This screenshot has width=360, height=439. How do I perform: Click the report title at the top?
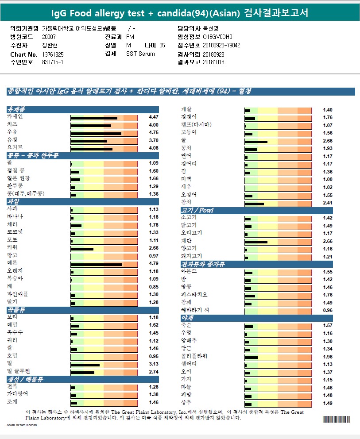point(180,13)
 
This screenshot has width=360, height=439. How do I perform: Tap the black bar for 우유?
point(96,133)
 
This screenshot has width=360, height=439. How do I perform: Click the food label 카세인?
point(15,117)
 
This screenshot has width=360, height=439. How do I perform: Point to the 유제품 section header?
point(16,109)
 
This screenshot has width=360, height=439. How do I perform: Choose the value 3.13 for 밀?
point(154,364)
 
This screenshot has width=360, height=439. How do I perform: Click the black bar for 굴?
point(256,141)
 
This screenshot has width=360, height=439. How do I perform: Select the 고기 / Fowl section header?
point(197,211)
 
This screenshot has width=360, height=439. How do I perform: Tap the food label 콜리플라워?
point(194,357)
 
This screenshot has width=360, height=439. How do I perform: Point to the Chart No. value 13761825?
point(53,54)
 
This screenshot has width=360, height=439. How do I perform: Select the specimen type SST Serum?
point(140,54)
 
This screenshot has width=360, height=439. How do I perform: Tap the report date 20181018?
point(213,62)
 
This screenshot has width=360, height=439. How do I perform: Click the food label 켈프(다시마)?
point(196,125)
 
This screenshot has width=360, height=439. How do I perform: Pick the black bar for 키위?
point(82,249)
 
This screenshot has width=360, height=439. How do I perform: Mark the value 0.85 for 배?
point(154,287)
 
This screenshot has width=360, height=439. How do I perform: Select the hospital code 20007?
point(49,37)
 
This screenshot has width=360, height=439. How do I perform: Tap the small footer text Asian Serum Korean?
point(22,425)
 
